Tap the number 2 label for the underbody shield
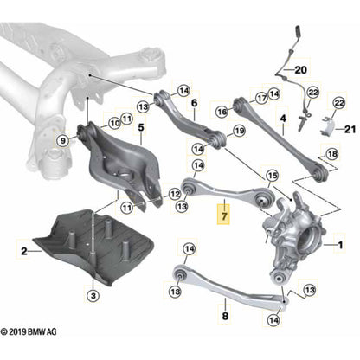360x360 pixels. click(13, 250)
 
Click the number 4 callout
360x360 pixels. click(282, 118)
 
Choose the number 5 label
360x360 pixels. click(141, 138)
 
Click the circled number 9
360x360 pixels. click(62, 138)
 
